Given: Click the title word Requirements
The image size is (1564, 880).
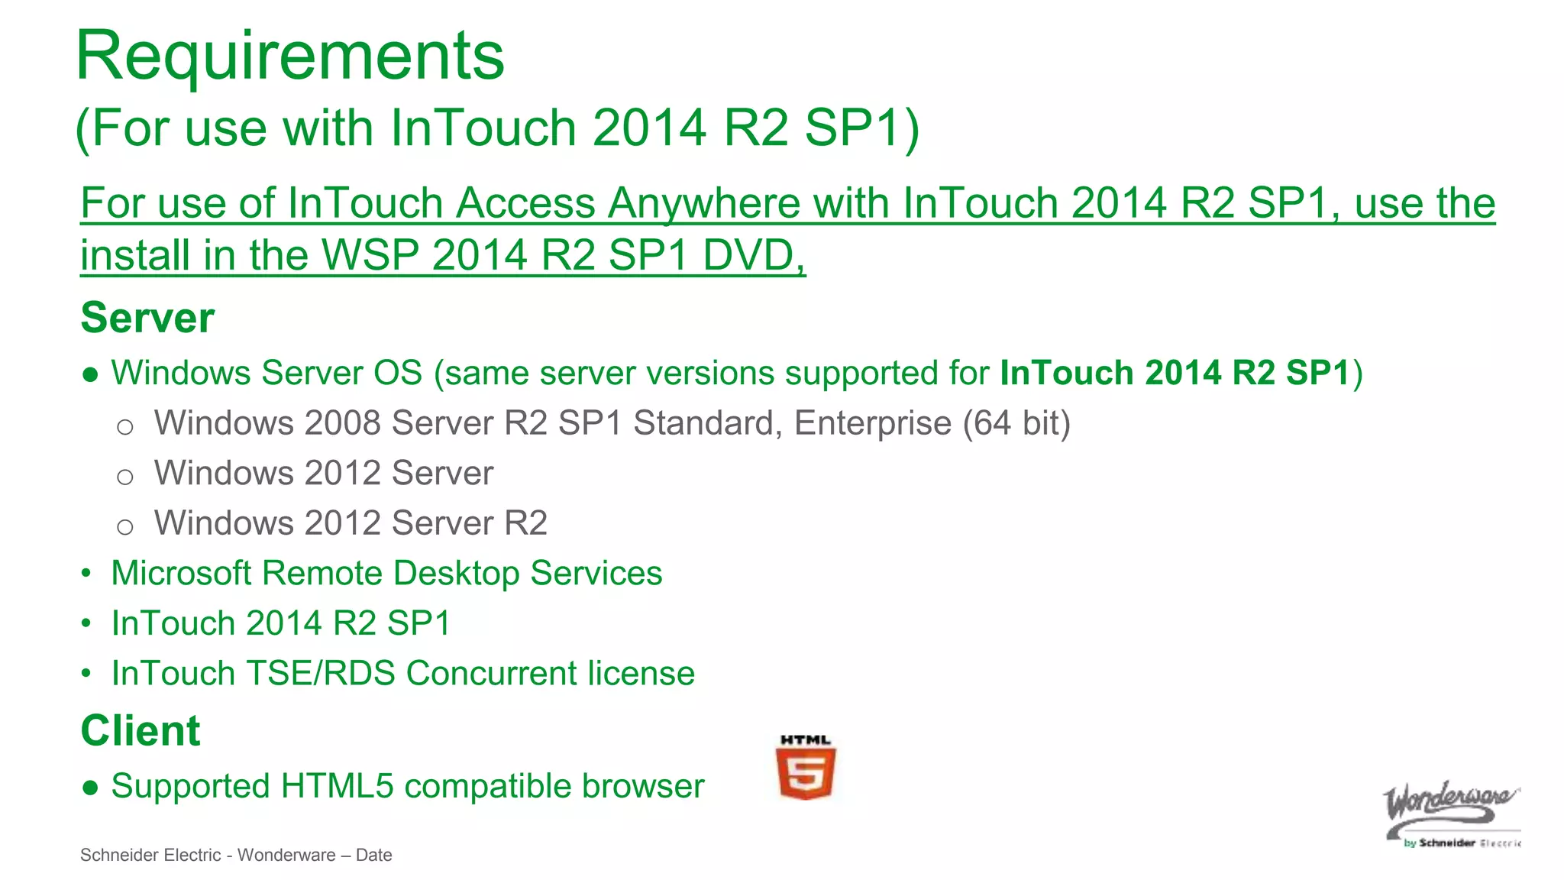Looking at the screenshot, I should coord(290,57).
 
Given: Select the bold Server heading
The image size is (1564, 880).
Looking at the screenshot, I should coord(147,318).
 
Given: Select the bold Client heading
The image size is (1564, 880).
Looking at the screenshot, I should coord(141,731).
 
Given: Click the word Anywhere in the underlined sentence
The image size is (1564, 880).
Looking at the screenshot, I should coord(702,204).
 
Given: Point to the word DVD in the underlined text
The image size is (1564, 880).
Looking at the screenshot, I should coord(752,255).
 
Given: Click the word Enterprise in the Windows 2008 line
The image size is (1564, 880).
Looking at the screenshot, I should coord(873,423).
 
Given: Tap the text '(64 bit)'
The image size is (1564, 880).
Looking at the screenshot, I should coord(1016,423).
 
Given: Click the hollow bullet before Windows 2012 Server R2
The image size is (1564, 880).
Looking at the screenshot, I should coord(125,526).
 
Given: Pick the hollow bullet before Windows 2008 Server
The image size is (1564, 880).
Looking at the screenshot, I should coord(125,426).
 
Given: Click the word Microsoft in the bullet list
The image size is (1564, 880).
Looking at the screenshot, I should coord(181,573).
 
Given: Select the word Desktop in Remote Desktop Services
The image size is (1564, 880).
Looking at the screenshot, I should coord(456,573).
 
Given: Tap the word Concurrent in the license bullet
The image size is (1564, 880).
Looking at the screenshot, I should coord(491,674).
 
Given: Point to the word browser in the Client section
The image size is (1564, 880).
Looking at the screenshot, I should coord(642,786).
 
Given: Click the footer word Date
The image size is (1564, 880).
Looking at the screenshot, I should coord(373,856).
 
